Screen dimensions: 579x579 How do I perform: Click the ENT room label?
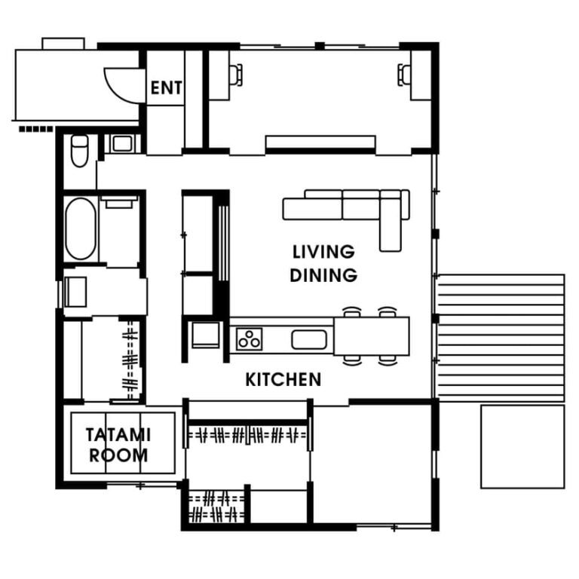coord(166,88)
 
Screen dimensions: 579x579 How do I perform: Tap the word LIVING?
coord(323,252)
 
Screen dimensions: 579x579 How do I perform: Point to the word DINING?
coord(323,275)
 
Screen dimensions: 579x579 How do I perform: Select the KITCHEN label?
coord(283,380)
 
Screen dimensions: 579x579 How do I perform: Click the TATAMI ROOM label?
coord(118,445)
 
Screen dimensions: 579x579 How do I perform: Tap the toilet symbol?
coord(79,151)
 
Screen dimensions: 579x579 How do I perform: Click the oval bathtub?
coord(81,228)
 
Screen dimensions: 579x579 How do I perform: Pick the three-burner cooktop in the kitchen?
coord(249,339)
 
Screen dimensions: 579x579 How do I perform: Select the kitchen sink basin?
coord(309,340)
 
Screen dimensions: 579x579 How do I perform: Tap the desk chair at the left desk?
coord(236,75)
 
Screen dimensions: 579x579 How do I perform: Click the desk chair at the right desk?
coord(404,75)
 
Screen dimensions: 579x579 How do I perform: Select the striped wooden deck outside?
coord(501,338)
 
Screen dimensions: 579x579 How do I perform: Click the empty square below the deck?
coord(522,446)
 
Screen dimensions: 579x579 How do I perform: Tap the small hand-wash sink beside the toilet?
coord(122,144)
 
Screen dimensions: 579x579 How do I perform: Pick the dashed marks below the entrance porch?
coord(36,129)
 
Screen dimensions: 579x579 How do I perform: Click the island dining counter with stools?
coord(372,336)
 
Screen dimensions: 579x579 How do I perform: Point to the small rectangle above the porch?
coord(63,43)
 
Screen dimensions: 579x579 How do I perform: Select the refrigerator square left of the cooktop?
coord(205,335)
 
